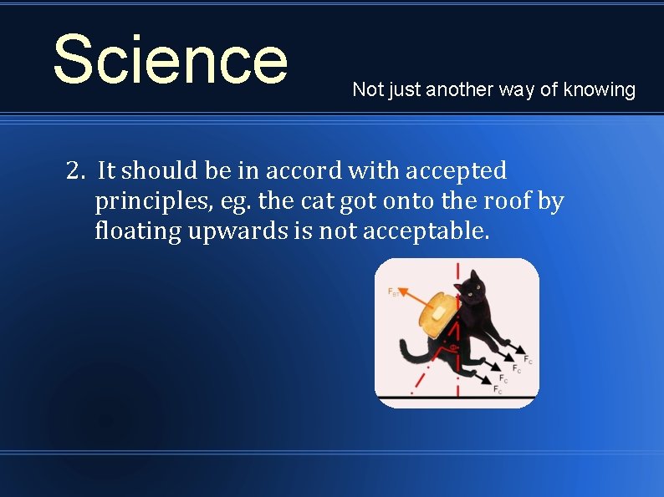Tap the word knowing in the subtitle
(x=599, y=89)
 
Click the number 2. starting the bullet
(x=77, y=171)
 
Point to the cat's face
(x=474, y=290)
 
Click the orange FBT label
(x=393, y=292)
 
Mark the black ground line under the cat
(x=456, y=395)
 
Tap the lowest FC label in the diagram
(x=498, y=389)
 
